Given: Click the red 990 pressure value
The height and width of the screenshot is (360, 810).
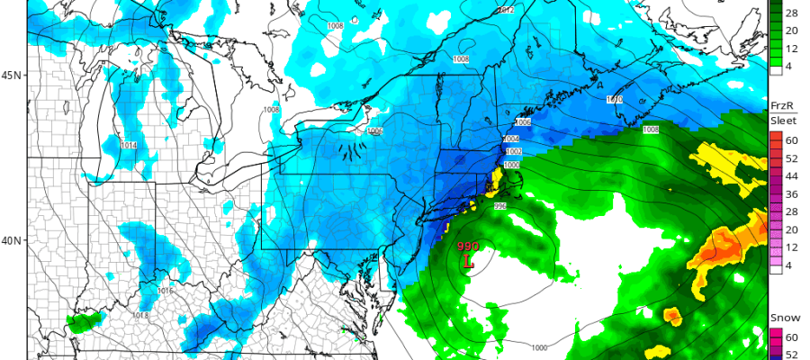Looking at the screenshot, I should [468, 247].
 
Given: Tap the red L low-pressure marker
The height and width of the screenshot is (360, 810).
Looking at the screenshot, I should [468, 262].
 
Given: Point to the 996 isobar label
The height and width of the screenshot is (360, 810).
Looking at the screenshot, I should [502, 206].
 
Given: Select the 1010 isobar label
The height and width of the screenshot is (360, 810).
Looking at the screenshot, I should [615, 99].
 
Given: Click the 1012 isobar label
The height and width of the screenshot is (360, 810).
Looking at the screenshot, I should [507, 9].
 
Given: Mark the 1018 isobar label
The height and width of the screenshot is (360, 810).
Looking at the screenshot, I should [140, 315].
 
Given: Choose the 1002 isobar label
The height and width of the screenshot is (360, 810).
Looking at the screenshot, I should [511, 152].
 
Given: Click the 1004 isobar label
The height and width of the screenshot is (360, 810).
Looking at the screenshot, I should [511, 139].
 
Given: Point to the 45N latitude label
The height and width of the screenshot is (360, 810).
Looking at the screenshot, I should [12, 76].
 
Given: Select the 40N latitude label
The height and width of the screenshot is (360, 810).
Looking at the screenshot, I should [12, 240].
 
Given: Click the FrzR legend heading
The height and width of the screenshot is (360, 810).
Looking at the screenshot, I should [780, 105].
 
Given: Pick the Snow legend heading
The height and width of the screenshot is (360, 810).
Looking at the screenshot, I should [780, 319].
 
